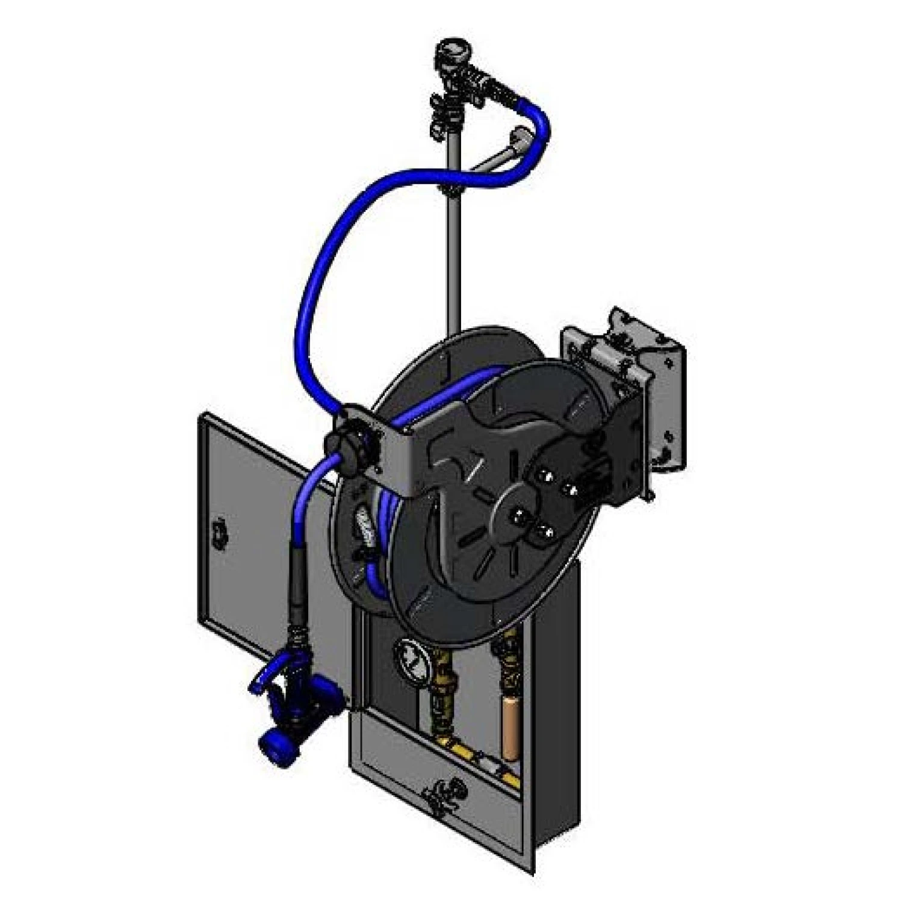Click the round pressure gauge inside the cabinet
tap(411, 659)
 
